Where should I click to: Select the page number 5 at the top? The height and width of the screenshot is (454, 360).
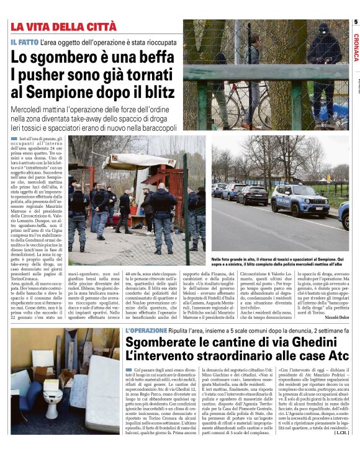pos(356,22)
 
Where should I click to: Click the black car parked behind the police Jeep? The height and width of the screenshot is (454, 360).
pos(252,195)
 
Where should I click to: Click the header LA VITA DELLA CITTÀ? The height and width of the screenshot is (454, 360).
pos(63,26)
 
